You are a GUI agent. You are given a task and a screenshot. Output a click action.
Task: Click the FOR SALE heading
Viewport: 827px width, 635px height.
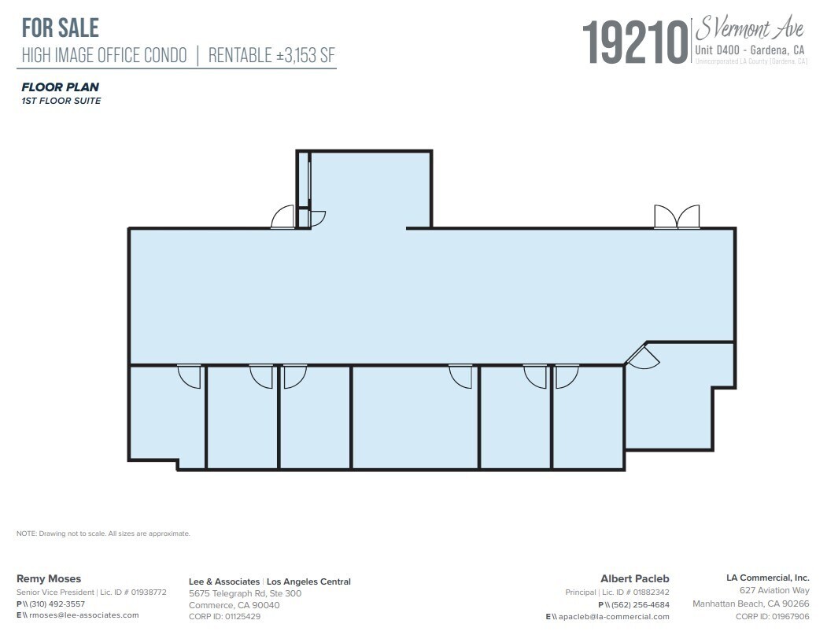tap(61, 28)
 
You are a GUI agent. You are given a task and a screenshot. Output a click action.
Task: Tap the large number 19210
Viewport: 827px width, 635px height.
tap(635, 43)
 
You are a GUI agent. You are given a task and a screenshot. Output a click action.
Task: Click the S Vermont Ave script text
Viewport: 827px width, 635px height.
tap(748, 30)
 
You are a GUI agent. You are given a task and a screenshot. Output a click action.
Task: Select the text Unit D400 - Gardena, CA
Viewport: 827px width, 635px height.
tap(750, 50)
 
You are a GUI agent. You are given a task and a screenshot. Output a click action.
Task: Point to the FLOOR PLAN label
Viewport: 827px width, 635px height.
tap(60, 87)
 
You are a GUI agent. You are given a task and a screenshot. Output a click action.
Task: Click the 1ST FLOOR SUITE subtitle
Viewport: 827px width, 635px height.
tap(61, 101)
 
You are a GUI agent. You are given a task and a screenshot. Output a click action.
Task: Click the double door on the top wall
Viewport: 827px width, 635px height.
tap(677, 217)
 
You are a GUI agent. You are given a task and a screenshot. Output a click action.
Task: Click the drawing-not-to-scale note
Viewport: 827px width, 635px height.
tap(103, 533)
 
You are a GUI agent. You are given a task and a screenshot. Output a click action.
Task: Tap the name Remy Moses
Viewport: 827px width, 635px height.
tap(49, 578)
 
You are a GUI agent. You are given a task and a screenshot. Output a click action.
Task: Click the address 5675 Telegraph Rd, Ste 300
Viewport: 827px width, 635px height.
tap(245, 593)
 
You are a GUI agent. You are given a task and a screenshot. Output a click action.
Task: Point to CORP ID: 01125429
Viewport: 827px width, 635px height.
tap(224, 617)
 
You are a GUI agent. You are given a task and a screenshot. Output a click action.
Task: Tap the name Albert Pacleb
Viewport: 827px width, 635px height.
tap(635, 579)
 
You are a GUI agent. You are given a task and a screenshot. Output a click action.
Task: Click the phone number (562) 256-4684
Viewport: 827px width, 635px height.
tap(641, 605)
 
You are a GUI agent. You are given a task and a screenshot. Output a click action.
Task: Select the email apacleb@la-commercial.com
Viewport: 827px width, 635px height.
tap(611, 617)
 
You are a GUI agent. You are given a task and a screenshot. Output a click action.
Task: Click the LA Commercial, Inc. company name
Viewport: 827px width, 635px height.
tap(767, 578)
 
